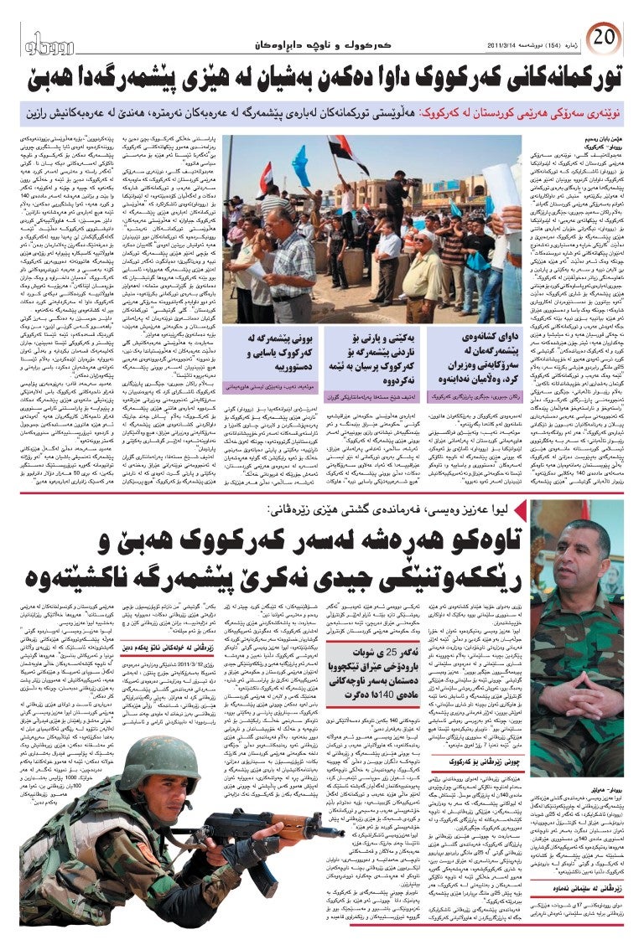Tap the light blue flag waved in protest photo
tap(299, 165)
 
